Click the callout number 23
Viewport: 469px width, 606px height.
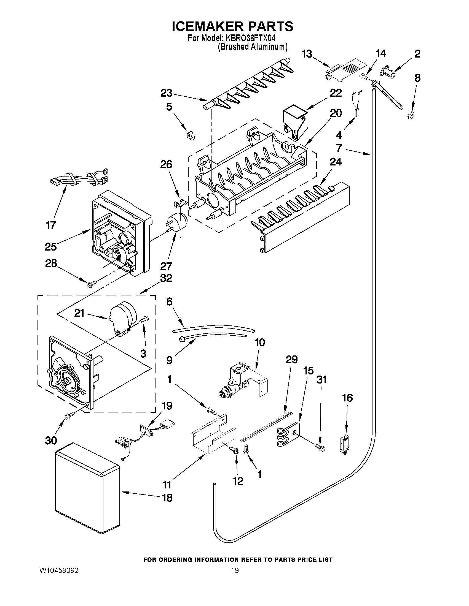pos(166,93)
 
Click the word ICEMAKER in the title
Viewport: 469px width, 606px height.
pos(206,26)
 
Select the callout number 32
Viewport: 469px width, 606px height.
pos(166,278)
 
